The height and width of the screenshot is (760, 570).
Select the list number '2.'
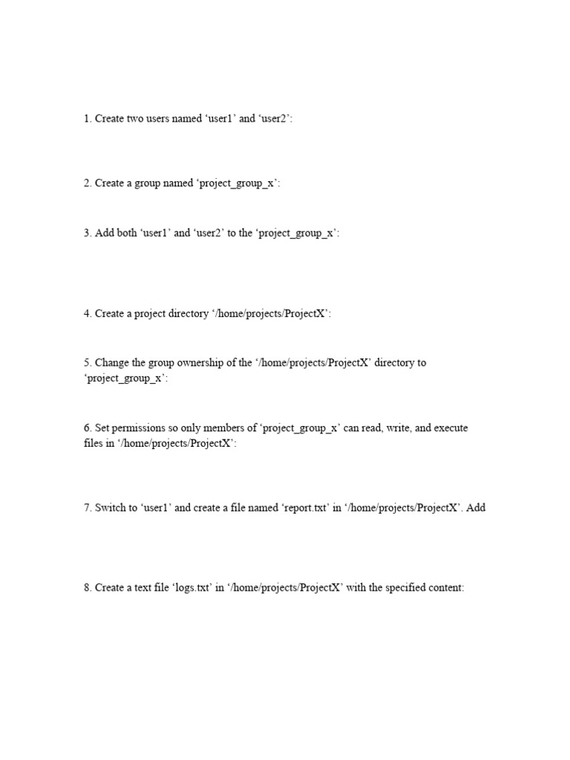click(87, 183)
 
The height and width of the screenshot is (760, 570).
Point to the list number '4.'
click(87, 313)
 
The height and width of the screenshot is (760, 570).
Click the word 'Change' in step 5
click(111, 363)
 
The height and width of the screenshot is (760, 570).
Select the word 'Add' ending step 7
click(476, 509)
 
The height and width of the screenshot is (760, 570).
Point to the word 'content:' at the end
click(445, 587)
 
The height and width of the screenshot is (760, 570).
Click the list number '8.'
click(87, 587)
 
